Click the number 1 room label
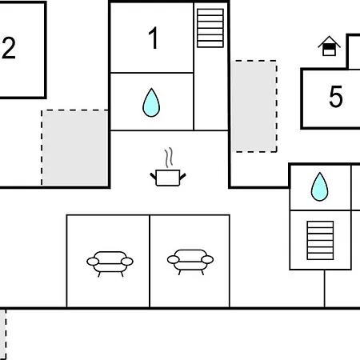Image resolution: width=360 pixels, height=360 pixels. click(154, 38)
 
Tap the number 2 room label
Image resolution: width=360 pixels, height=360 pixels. click(9, 48)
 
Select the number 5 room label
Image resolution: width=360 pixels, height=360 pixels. click(336, 97)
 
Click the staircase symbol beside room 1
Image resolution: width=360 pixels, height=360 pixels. click(210, 28)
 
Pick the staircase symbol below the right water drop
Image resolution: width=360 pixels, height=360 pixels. click(320, 240)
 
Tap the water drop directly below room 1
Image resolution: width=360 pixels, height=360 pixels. click(151, 102)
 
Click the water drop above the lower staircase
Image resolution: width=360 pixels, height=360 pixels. click(319, 186)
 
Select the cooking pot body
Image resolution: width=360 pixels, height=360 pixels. click(168, 178)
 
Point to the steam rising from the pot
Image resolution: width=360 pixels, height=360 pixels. click(169, 158)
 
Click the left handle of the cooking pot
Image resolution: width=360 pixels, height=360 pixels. click(153, 176)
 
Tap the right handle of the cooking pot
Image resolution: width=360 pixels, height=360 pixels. click(182, 176)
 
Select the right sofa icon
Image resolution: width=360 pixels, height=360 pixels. click(190, 262)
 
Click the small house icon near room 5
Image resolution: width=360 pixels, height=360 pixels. click(329, 46)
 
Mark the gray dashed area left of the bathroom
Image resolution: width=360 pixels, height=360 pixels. click(75, 148)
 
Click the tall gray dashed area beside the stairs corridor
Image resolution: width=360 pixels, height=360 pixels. click(254, 106)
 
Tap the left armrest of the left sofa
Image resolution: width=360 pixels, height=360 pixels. click(93, 262)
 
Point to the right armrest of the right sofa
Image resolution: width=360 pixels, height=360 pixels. click(207, 259)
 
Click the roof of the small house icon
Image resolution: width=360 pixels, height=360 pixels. click(329, 41)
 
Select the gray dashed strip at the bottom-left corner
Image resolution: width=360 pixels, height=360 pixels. click(2, 334)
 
